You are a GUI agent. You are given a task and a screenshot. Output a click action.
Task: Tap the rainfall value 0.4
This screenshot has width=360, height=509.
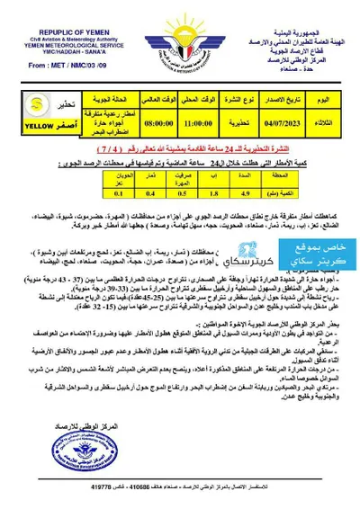click(147, 165)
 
